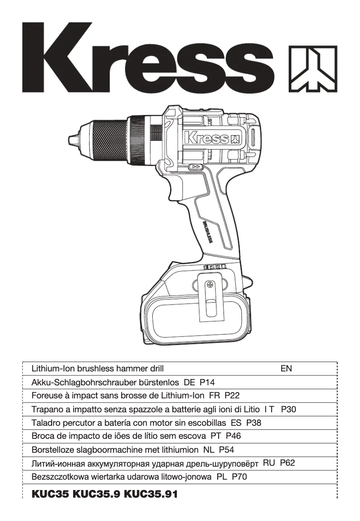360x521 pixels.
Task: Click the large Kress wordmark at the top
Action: pos(148,59)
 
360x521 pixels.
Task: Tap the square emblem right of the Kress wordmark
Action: pos(312,68)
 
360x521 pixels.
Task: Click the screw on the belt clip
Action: pos(210,285)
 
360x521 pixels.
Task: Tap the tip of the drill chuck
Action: pos(71,138)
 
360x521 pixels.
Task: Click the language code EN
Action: pos(286,369)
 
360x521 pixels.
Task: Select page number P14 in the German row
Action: pos(207,382)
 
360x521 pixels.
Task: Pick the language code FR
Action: pos(214,396)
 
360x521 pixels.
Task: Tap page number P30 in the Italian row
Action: pos(288,409)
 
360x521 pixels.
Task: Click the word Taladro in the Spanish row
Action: pos(45,423)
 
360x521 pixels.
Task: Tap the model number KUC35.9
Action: pos(96,495)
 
